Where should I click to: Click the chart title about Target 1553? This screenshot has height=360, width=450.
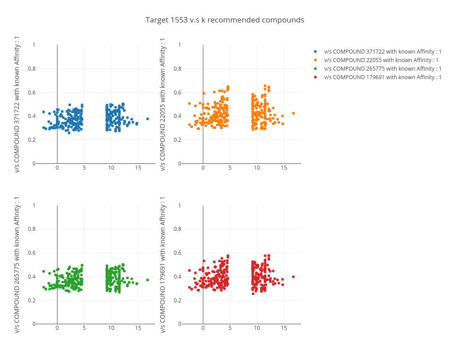[225, 20]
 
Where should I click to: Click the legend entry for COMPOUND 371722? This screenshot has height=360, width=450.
[382, 52]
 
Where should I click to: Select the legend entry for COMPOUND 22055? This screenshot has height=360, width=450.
[381, 60]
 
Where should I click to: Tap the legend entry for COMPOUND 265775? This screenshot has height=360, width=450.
[382, 68]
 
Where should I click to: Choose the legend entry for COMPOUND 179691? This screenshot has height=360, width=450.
[382, 77]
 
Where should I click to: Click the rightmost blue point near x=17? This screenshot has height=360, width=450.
[148, 119]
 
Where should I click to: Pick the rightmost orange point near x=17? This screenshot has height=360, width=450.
[293, 113]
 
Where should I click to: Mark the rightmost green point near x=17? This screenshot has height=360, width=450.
[148, 280]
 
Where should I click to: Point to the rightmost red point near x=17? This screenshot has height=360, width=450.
[293, 277]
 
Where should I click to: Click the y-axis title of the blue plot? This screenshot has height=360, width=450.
[17, 104]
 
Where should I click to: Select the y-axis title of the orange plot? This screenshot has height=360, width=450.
[163, 104]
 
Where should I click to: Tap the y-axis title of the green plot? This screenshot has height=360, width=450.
[17, 265]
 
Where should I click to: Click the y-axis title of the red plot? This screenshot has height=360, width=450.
[163, 265]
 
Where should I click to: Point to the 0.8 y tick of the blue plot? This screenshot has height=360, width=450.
[31, 69]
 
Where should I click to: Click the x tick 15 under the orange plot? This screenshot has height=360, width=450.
[284, 168]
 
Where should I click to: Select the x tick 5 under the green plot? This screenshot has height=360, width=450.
[84, 328]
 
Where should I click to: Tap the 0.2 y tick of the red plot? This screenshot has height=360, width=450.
[177, 300]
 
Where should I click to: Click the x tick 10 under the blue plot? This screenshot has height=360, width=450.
[111, 168]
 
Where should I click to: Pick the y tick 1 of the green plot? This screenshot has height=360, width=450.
[34, 206]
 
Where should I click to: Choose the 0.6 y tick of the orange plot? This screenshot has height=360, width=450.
[177, 93]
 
